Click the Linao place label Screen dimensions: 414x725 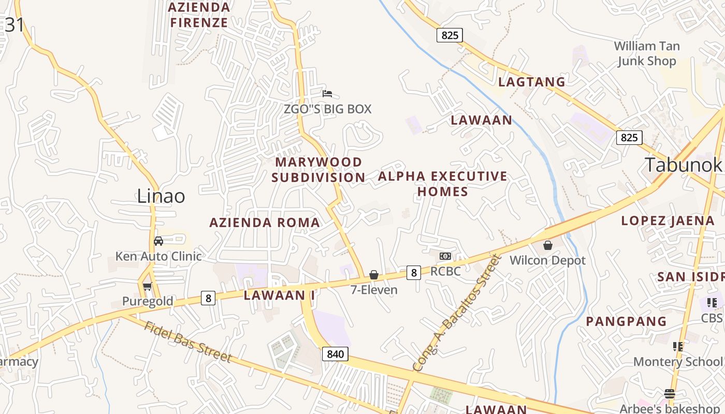point(161,196)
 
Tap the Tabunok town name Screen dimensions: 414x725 point(683,165)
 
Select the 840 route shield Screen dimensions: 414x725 point(335,354)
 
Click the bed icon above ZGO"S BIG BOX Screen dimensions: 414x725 point(327,94)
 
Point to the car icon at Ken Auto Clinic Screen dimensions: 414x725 point(158,241)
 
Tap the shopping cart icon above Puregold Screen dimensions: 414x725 point(147,287)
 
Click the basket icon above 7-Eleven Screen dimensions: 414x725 point(374,275)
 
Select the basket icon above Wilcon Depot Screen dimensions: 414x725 point(547,245)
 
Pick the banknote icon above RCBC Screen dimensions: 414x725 point(445,256)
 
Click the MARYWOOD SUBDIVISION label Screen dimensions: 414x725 point(318,170)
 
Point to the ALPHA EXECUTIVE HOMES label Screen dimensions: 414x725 point(443,184)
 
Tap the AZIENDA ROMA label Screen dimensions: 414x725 point(265,223)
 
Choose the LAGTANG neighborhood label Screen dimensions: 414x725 point(531,82)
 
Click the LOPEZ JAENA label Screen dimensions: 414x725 point(668,220)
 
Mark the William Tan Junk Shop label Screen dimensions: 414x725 point(647,54)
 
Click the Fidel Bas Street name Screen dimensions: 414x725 point(187,342)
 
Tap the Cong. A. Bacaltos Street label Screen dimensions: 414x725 point(456,313)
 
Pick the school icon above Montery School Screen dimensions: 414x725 point(677,346)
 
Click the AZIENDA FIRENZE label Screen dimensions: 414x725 point(199,15)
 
